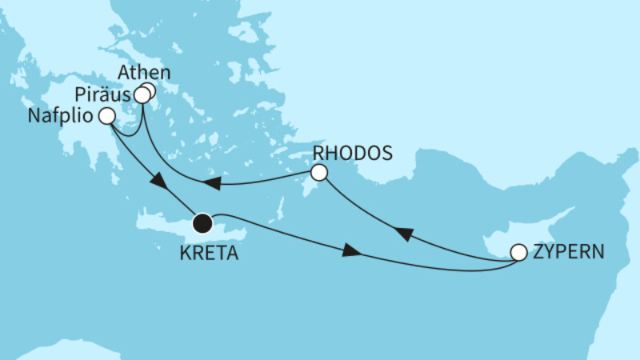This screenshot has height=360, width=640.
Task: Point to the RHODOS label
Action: pos(354,153)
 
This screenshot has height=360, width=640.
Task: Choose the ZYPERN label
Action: pos(569,254)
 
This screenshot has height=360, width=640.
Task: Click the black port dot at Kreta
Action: pos(203,222)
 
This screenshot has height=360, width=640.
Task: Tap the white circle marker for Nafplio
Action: pos(106,117)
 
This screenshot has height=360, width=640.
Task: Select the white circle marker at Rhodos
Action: pos(319,172)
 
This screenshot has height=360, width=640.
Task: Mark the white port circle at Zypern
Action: pos(518,253)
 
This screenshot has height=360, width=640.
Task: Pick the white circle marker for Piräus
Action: pos(142,96)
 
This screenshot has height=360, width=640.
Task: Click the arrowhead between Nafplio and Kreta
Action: pos(158,182)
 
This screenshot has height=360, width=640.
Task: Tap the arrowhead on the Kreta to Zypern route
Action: pos(350,253)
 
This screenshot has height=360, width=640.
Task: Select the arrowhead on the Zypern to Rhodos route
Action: pos(404,233)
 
